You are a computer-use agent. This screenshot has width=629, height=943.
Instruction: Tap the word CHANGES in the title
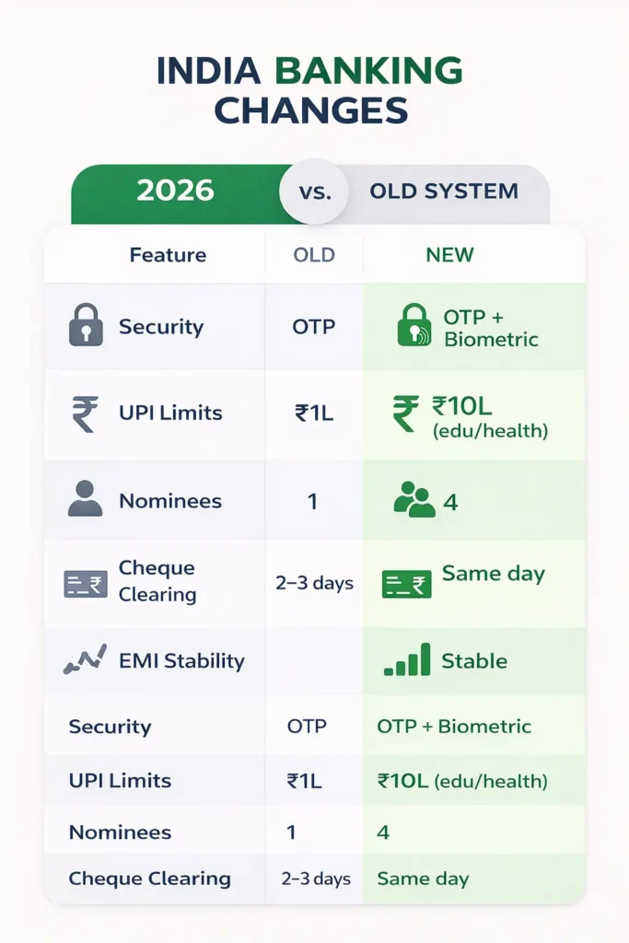(311, 111)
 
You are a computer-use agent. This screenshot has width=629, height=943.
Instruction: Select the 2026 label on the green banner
(175, 191)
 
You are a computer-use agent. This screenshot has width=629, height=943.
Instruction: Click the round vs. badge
(312, 192)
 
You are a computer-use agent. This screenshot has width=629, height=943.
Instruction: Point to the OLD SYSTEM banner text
(444, 192)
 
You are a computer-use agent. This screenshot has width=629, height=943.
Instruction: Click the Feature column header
(168, 255)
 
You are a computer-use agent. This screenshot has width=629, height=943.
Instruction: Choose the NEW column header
(449, 255)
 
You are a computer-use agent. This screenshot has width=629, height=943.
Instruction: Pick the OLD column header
(314, 255)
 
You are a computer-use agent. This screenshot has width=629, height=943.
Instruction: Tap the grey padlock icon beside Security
(86, 326)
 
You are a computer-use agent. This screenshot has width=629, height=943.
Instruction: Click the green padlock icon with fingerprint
(414, 326)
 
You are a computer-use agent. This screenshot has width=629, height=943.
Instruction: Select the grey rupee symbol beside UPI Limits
(86, 413)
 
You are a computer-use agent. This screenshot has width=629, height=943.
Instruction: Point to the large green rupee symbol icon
(405, 413)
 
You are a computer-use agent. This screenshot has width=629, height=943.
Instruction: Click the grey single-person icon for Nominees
(86, 499)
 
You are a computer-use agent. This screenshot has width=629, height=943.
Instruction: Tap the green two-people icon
(414, 500)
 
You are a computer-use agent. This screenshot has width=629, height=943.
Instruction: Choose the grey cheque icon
(86, 583)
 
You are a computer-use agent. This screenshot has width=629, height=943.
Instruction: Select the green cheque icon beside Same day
(406, 583)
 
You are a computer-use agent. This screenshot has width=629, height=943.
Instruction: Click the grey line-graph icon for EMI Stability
(86, 659)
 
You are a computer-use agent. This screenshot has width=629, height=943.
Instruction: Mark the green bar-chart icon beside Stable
(406, 660)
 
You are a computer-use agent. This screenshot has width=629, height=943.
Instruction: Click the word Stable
(474, 661)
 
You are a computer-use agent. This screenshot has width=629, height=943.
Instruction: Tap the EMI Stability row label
(181, 661)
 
